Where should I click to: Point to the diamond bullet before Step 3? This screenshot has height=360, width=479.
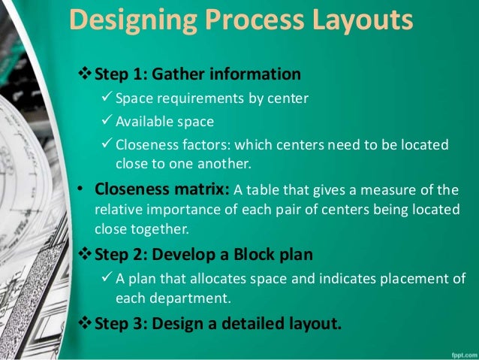point(83,325)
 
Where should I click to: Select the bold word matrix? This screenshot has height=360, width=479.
point(202,189)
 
